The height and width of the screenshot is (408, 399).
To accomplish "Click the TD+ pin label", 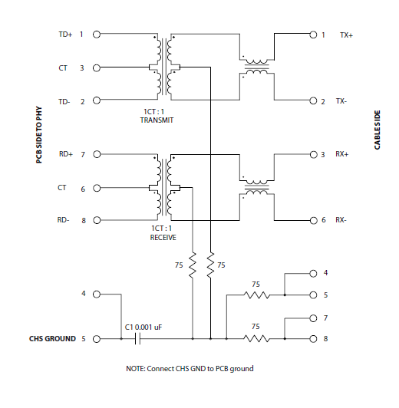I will tap(64, 35).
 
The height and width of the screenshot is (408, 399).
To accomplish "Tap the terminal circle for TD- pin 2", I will tap(97, 101).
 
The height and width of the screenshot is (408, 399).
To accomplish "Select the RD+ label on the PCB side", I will tap(64, 155).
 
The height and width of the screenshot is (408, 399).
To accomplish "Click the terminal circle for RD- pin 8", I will tap(97, 221).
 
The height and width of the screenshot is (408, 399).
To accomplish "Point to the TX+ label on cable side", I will tap(346, 35).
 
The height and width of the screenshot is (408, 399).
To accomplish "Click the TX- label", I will tap(341, 101).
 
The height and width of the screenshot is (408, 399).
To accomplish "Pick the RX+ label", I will tap(341, 155).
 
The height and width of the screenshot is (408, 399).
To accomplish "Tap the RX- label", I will tap(341, 221).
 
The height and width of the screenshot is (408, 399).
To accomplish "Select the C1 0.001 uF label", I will tap(143, 327).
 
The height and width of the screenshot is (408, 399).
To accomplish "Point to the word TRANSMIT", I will tap(157, 120).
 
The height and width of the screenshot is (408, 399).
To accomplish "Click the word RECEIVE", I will tap(163, 238).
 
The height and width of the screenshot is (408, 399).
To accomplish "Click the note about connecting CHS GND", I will tap(190, 369).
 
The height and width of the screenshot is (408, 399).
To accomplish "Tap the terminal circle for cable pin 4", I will tap(312, 273).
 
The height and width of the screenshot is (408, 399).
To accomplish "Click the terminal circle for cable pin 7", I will tap(312, 317).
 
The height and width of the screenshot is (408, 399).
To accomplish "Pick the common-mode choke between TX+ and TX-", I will tap(256, 67).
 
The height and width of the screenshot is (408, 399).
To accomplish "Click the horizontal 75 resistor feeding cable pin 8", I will tap(256, 338).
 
